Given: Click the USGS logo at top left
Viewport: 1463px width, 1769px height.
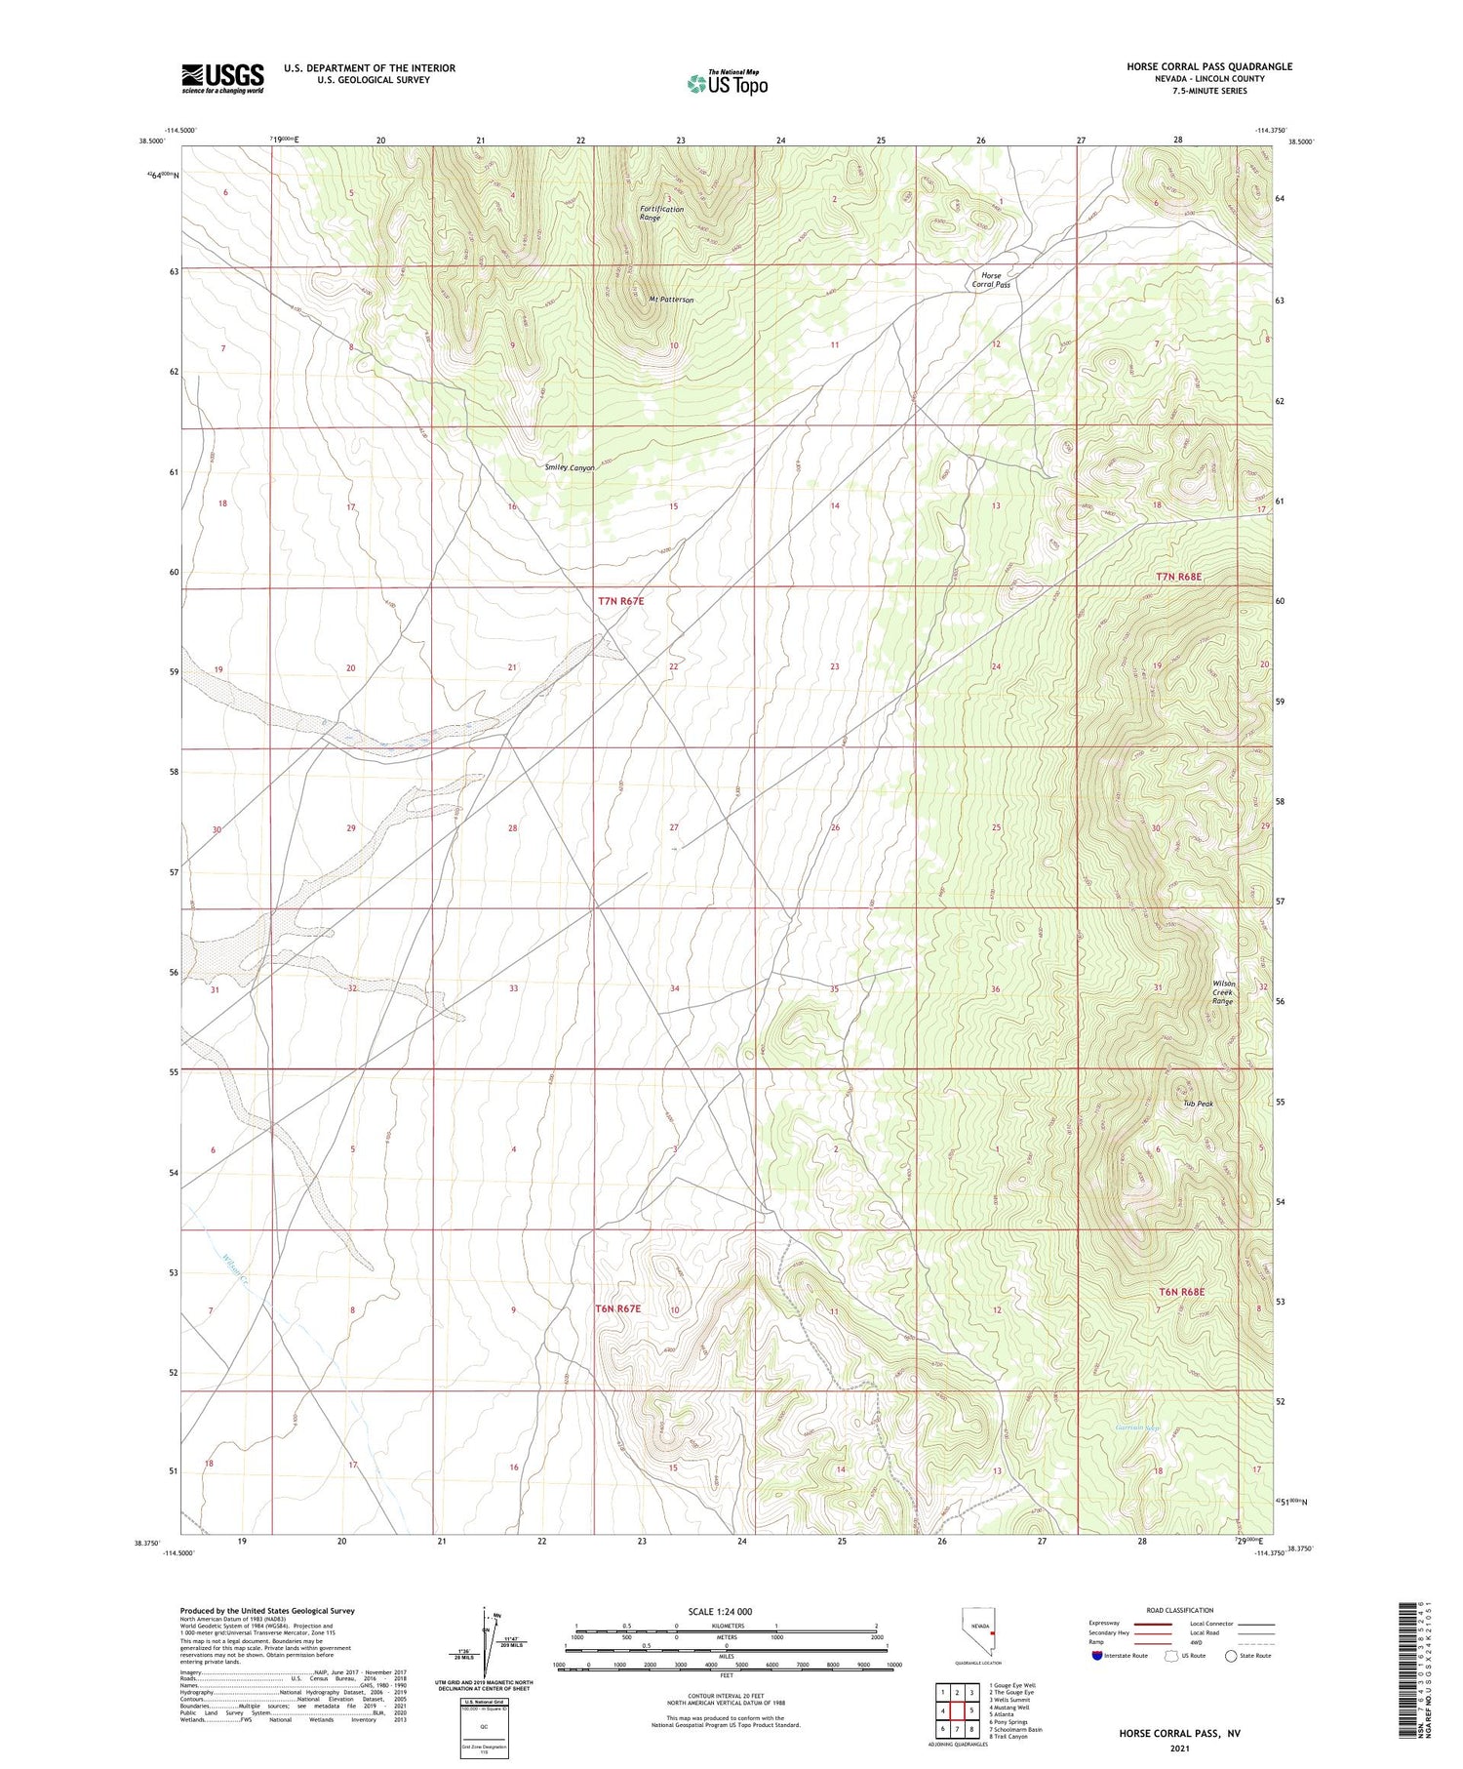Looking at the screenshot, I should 222,78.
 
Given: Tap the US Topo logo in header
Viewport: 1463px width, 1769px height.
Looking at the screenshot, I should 728,83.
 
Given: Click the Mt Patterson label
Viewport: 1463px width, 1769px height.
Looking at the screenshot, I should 671,300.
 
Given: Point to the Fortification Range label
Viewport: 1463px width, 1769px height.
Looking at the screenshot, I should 661,213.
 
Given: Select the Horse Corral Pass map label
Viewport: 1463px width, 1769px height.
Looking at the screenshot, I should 990,280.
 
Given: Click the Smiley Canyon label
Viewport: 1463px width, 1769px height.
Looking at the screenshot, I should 570,467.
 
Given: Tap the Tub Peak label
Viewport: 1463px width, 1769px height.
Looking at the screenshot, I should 1198,1104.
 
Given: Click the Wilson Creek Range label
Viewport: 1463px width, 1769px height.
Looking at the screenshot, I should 1223,992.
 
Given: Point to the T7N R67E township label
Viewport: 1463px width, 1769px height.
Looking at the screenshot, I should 621,602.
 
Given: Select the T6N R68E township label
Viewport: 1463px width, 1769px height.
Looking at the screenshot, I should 1181,1292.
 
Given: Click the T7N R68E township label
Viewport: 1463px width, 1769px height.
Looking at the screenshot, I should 1178,577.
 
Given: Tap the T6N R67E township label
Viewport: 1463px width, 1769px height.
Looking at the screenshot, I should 617,1308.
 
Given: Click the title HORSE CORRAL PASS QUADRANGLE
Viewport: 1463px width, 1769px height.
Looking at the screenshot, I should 1209,66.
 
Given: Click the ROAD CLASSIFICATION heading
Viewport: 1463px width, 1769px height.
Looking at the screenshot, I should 1180,1610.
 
